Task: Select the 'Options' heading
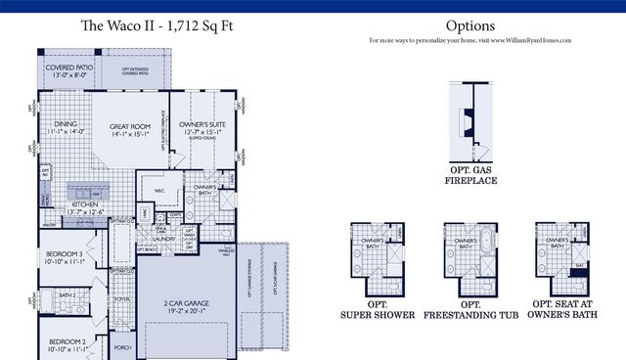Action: click(469, 25)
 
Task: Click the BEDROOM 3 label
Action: click(66, 256)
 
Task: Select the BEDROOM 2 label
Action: click(66, 343)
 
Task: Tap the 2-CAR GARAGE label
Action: click(184, 308)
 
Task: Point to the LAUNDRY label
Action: click(162, 238)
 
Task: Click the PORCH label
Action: click(121, 345)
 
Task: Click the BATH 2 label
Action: click(67, 293)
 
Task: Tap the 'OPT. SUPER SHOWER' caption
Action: click(377, 311)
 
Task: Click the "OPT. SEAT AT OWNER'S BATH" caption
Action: click(563, 311)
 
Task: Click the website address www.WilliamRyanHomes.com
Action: click(529, 41)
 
